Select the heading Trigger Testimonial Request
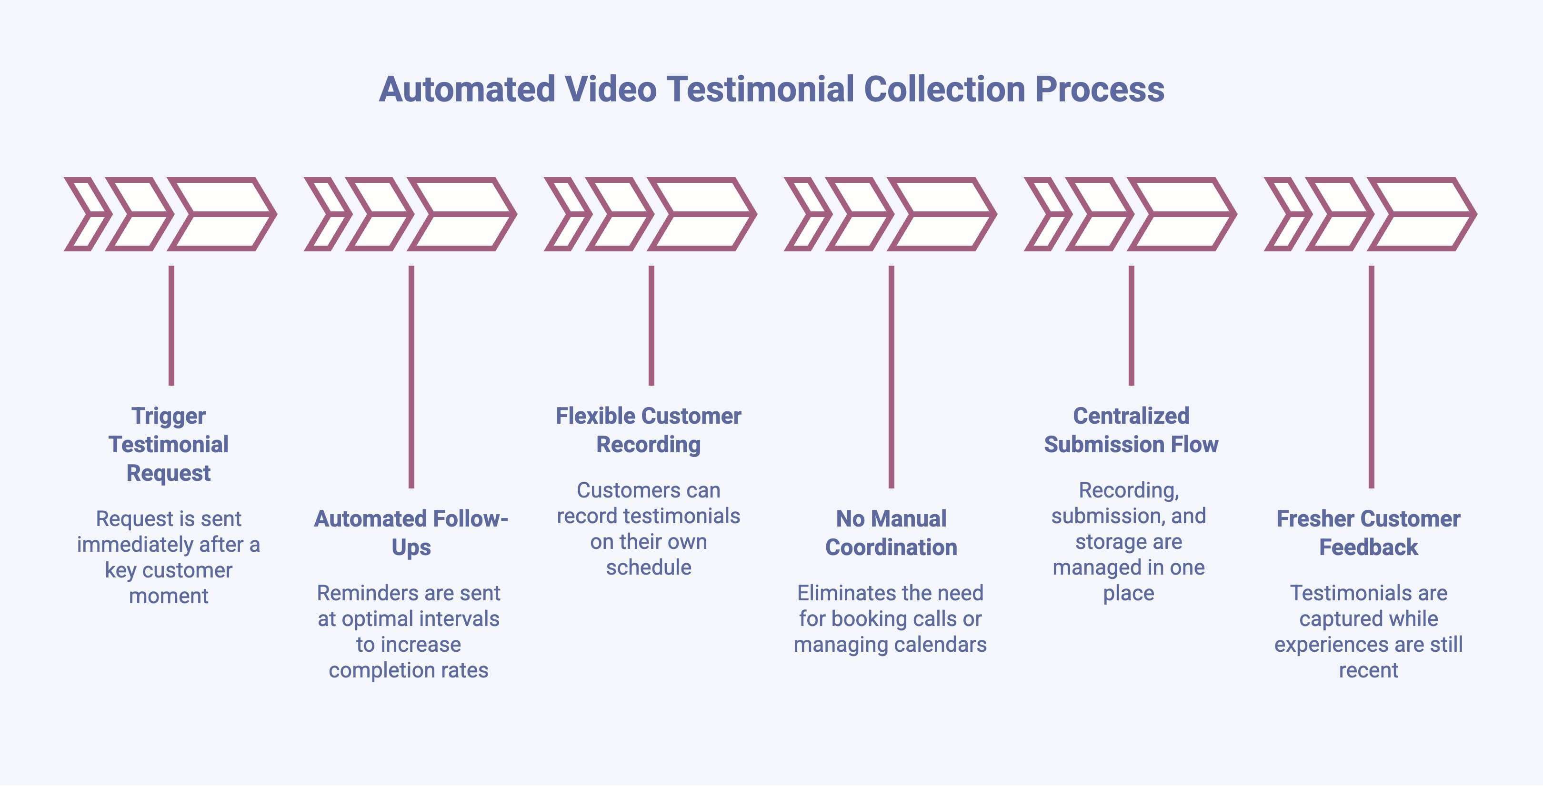click(168, 444)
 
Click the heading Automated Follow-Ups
click(411, 532)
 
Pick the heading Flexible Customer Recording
click(648, 430)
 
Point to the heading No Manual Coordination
click(891, 532)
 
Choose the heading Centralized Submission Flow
click(1131, 430)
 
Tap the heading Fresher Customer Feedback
click(1368, 532)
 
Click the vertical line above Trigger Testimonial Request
click(171, 325)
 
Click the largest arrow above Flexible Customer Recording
click(702, 214)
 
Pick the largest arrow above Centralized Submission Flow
click(1182, 214)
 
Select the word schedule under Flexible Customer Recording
click(648, 567)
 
